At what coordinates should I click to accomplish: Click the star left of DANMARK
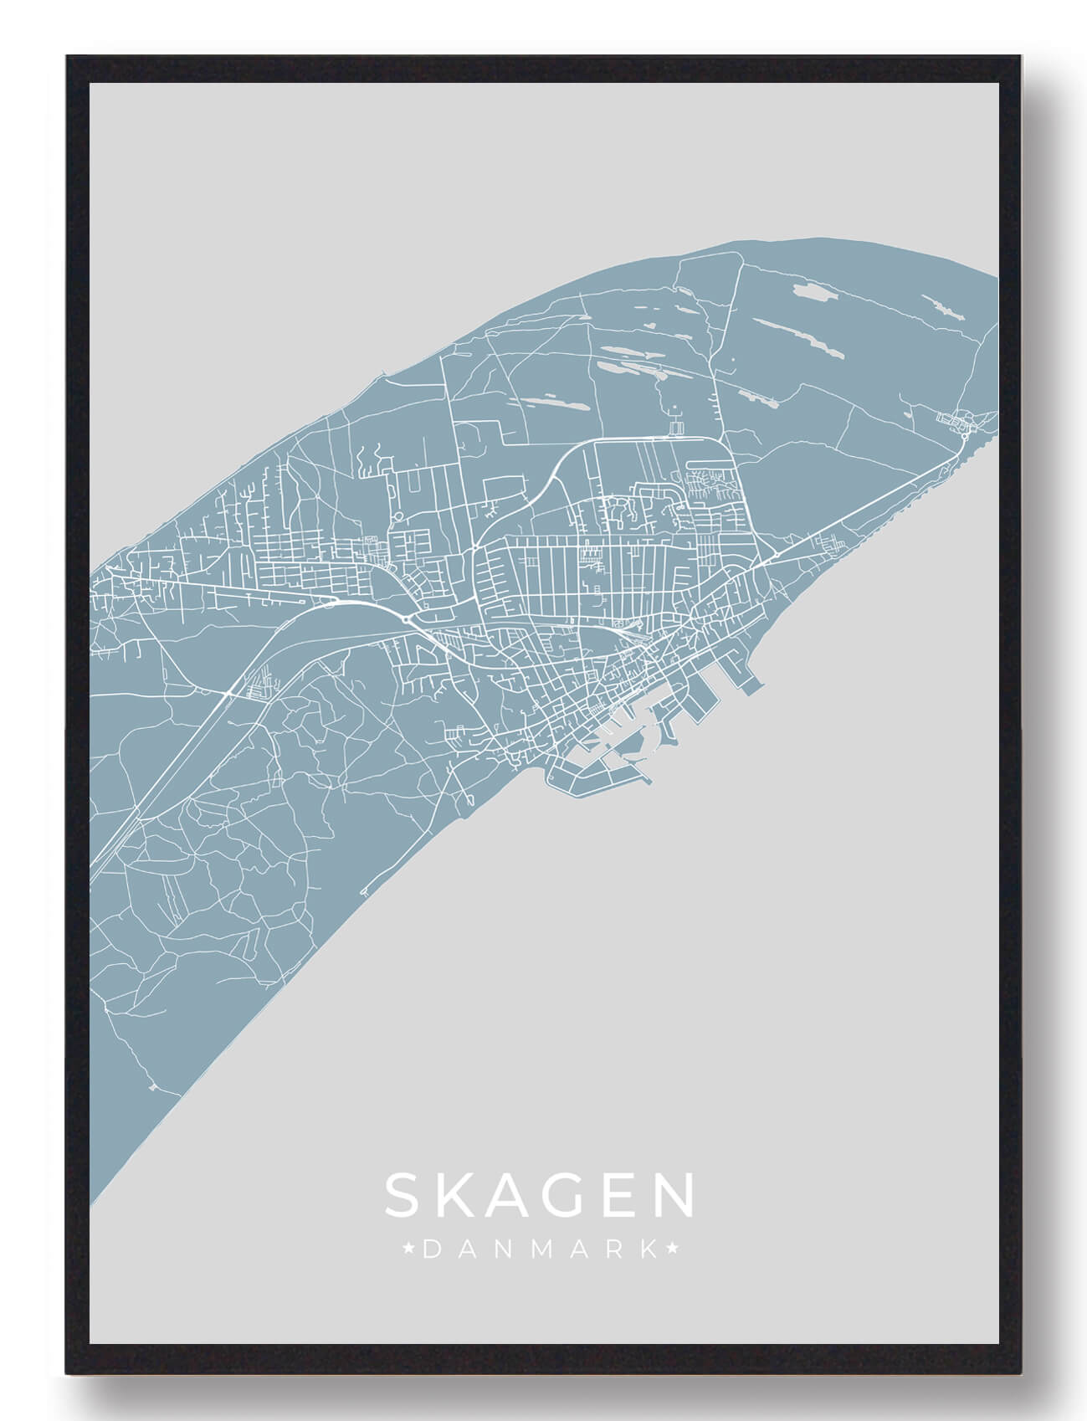pos(408,1250)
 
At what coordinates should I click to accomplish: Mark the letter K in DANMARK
pos(648,1250)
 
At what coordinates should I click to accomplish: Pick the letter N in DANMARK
pos(500,1250)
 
